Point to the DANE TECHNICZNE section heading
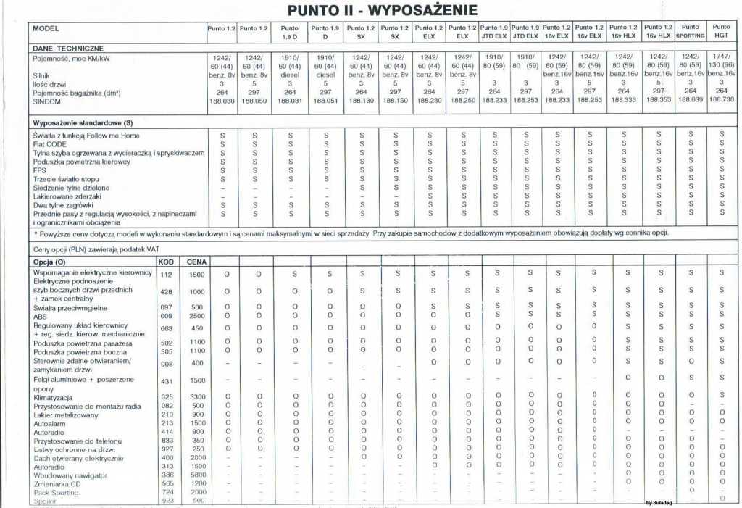coord(68,48)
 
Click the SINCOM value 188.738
coord(721,100)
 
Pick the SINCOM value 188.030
coord(221,101)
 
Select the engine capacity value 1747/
coord(721,56)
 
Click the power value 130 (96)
coord(721,64)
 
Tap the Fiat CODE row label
coord(51,144)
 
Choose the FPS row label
coord(40,170)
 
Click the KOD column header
coord(166,261)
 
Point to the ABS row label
coord(41,316)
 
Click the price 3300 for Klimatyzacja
coord(197,396)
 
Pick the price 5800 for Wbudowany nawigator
coord(197,475)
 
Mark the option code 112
coord(166,275)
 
